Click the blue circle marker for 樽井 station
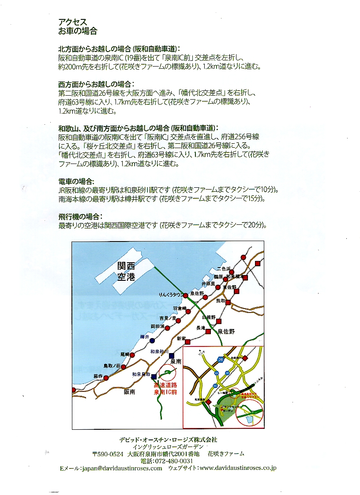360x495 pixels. tap(152, 341)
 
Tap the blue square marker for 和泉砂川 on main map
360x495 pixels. tap(172, 357)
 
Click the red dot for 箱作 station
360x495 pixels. tap(106, 378)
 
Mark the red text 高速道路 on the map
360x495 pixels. tap(165, 385)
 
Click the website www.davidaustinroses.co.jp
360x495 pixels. tap(238, 468)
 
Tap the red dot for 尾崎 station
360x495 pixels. tap(132, 354)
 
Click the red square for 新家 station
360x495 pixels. tap(187, 342)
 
